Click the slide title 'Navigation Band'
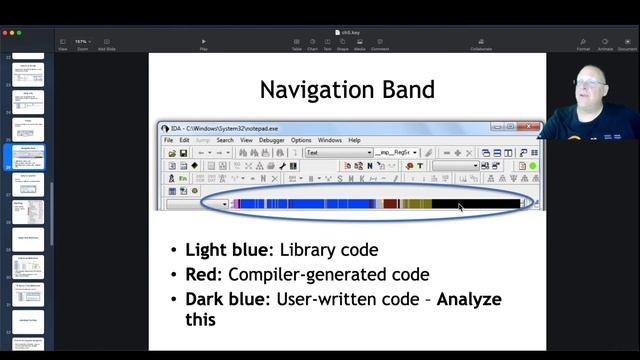tap(347, 90)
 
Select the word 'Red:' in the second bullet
tap(204, 274)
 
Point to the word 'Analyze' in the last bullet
tap(469, 299)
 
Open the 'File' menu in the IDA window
tap(169, 141)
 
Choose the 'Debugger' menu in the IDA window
tap(271, 141)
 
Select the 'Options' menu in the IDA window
tap(301, 141)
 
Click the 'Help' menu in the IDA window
tap(354, 141)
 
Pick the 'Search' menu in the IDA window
tap(225, 141)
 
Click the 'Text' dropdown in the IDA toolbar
tap(338, 153)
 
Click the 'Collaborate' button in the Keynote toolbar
tap(481, 44)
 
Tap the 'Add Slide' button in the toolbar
tap(106, 44)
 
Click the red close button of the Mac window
tap(5, 32)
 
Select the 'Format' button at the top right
tap(583, 44)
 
